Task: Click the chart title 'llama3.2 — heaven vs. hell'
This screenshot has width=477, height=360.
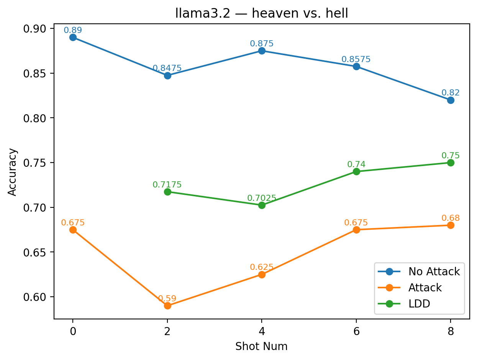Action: pyautogui.click(x=262, y=13)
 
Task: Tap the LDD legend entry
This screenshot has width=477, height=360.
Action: pyautogui.click(x=419, y=304)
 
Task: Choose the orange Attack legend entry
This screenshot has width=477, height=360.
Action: pyautogui.click(x=425, y=288)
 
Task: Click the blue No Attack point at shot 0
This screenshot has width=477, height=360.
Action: pyautogui.click(x=73, y=37)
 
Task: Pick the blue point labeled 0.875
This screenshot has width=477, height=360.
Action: pyautogui.click(x=262, y=51)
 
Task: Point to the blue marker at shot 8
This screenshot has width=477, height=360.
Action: pyautogui.click(x=451, y=100)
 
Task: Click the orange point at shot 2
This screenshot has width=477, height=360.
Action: pyautogui.click(x=167, y=306)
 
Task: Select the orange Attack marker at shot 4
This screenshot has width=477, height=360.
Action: pyautogui.click(x=262, y=275)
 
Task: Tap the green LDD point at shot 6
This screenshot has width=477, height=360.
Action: pyautogui.click(x=356, y=171)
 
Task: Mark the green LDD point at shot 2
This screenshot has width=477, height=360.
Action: pyautogui.click(x=167, y=192)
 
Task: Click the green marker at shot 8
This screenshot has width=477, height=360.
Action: pyautogui.click(x=451, y=163)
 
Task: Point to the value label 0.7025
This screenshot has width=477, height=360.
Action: pyautogui.click(x=262, y=198)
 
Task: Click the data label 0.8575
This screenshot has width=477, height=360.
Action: pyautogui.click(x=356, y=59)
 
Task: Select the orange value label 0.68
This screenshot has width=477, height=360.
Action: pyautogui.click(x=451, y=218)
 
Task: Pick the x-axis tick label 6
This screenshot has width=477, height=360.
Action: pyautogui.click(x=356, y=332)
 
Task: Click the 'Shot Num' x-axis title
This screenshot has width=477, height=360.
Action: pyautogui.click(x=261, y=347)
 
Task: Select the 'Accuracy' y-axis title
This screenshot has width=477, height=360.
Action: pyautogui.click(x=13, y=172)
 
